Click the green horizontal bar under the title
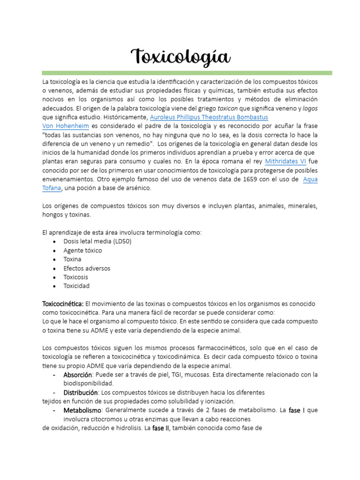pos(187,73)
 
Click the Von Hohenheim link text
pos(66,126)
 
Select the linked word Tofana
pos(51,188)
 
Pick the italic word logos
pos(310,108)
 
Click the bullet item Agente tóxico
pos(82,250)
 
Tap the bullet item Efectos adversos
pos(87,268)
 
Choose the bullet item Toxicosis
pos(76,277)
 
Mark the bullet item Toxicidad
pos(76,286)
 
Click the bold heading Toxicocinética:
pos(63,304)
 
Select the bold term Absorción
pos(77,375)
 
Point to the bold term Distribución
pos(81,392)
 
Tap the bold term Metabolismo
pos(82,410)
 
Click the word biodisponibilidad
pos(89,383)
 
